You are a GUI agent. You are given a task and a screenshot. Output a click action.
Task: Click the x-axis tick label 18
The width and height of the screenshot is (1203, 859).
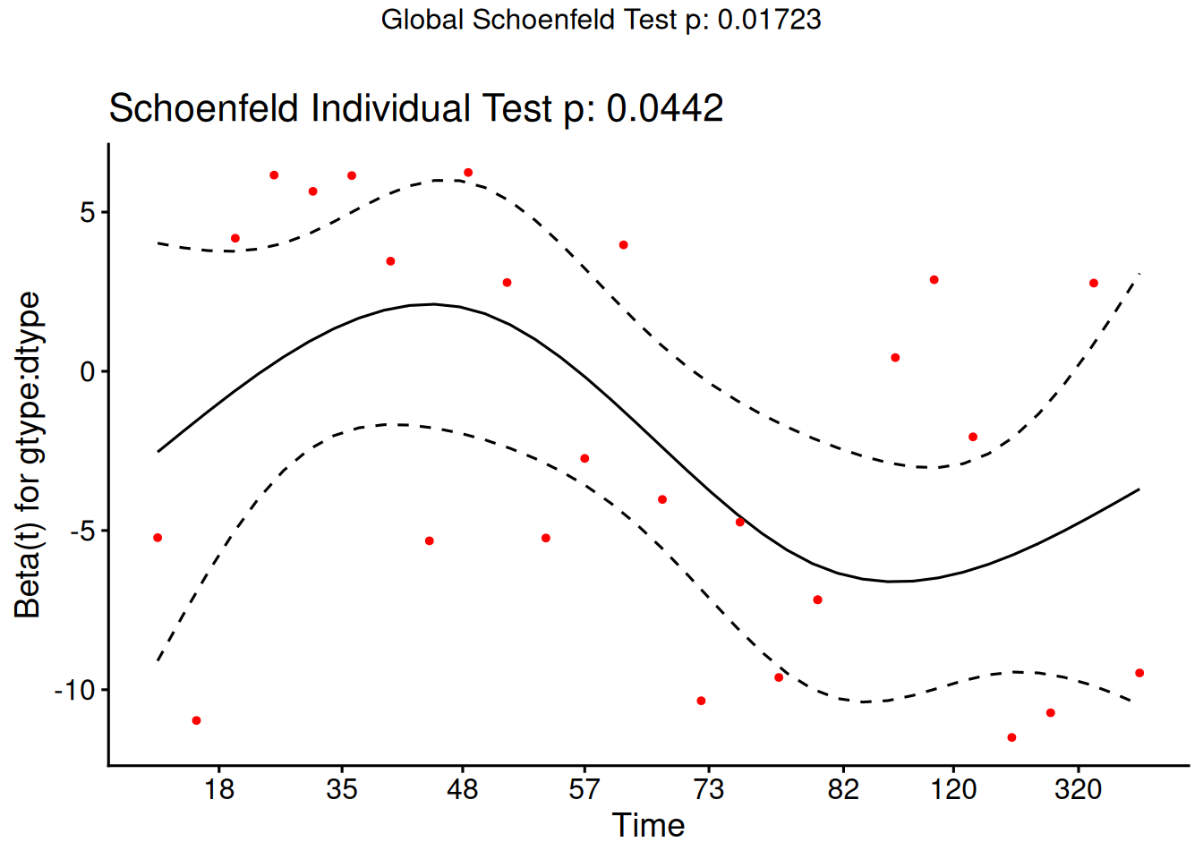pos(219,789)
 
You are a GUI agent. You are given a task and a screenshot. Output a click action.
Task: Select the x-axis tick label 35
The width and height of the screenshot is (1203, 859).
pos(342,789)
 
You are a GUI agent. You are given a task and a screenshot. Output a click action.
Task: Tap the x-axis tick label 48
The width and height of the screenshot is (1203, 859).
pos(463,789)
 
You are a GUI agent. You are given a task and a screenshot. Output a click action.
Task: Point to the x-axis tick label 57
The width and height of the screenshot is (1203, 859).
pos(584,789)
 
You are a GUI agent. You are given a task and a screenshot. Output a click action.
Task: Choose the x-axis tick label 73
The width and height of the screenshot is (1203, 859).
pos(708,789)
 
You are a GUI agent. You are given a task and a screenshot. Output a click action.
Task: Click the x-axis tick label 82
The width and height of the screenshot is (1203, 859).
pos(843,789)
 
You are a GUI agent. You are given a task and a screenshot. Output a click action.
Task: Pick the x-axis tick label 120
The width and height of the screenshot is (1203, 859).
pos(953,789)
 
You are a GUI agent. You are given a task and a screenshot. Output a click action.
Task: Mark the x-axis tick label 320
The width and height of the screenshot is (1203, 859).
pos(1078,789)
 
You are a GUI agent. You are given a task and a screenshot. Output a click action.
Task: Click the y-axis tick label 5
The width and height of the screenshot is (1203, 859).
pos(88,213)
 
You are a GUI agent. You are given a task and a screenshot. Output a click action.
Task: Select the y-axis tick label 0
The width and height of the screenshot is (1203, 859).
pos(88,372)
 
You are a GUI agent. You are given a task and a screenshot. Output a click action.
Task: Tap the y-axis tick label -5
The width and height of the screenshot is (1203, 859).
pos(81,532)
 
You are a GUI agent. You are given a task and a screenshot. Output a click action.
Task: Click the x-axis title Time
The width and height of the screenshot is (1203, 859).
pos(648,825)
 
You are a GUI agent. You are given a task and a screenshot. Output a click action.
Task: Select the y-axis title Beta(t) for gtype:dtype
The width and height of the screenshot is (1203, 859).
pos(29,455)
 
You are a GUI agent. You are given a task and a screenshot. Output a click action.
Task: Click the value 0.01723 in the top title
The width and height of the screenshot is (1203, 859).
pos(769,20)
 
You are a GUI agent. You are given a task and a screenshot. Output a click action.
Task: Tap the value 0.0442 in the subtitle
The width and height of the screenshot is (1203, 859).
pos(664,109)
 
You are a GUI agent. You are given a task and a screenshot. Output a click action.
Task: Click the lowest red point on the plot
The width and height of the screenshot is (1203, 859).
pos(1011,737)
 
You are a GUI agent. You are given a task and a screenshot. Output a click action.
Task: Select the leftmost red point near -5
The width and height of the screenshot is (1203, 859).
pos(158,538)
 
